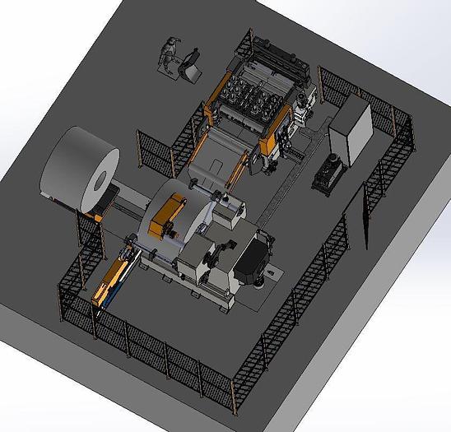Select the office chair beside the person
192,65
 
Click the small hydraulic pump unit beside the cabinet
329,171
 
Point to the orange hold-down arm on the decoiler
168,216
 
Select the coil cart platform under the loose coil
123,202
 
